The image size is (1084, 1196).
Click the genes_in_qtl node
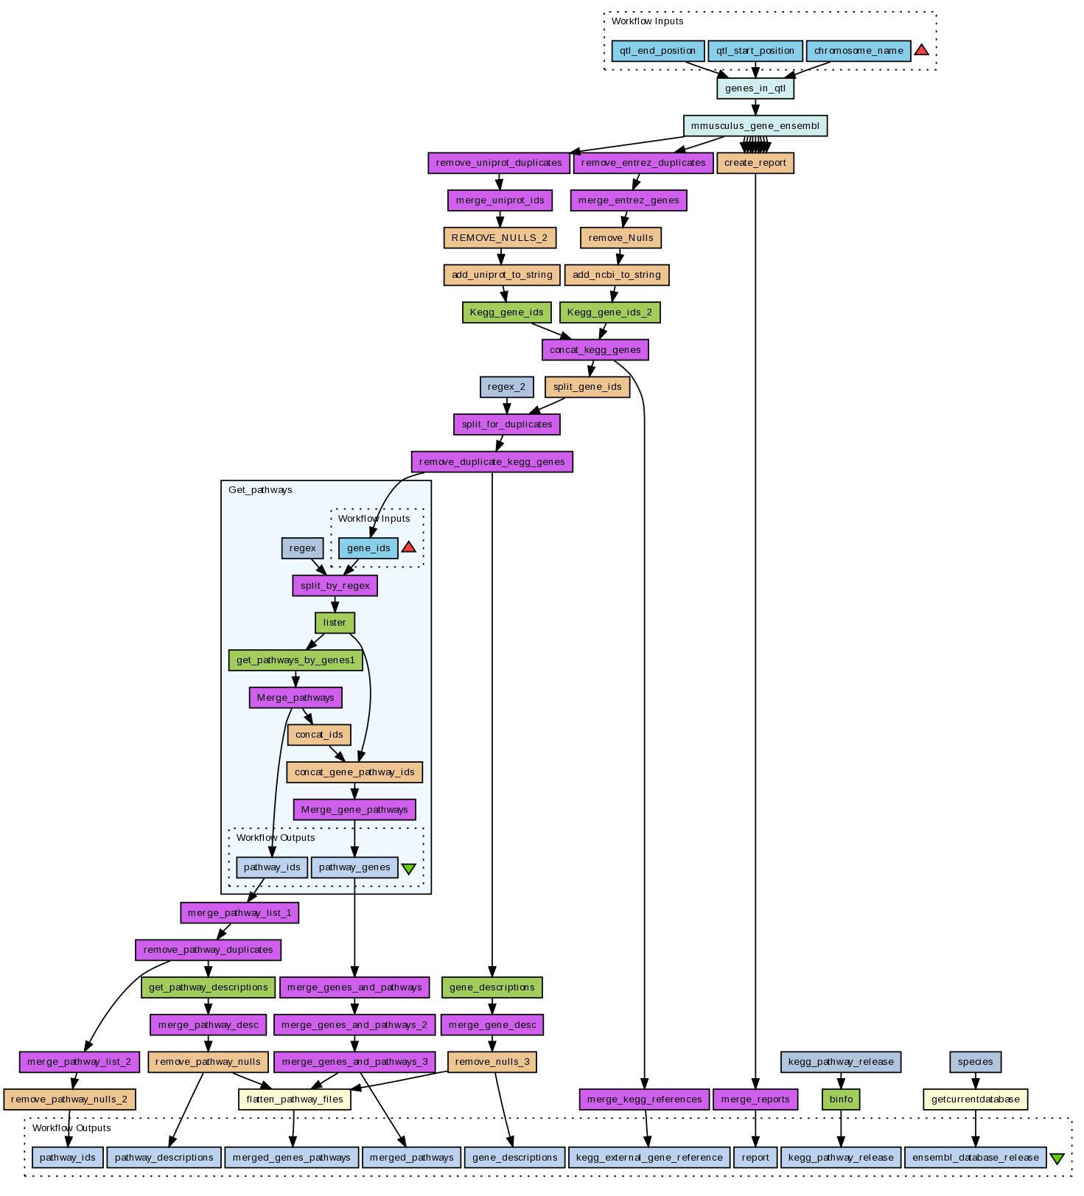click(755, 88)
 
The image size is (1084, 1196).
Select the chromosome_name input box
click(859, 51)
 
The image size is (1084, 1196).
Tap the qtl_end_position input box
click(657, 51)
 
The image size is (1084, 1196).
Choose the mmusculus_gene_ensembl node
click(755, 126)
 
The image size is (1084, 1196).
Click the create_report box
click(755, 163)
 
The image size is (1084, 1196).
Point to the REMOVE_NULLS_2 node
click(500, 238)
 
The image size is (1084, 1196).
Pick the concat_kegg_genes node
click(595, 349)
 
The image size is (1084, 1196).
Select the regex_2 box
click(506, 387)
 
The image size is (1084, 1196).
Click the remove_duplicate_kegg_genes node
click(492, 462)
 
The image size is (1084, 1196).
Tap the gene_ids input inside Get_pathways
click(368, 548)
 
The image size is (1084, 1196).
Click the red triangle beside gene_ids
click(408, 548)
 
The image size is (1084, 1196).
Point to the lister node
click(335, 623)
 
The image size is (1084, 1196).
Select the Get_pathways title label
click(260, 490)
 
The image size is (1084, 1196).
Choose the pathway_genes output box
click(354, 867)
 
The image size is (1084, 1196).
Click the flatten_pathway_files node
click(295, 1099)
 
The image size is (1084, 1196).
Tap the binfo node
click(841, 1099)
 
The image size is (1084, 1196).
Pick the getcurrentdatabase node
click(976, 1099)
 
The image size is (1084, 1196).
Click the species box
click(976, 1062)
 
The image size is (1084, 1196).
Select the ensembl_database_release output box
click(975, 1158)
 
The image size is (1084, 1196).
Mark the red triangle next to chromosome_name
click(921, 50)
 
